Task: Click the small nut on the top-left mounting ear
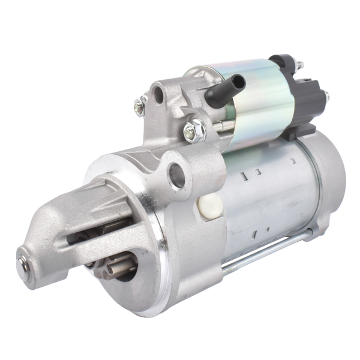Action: coord(139,107)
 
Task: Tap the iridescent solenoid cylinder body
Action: coord(258,102)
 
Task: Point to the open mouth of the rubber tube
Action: coord(238,81)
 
